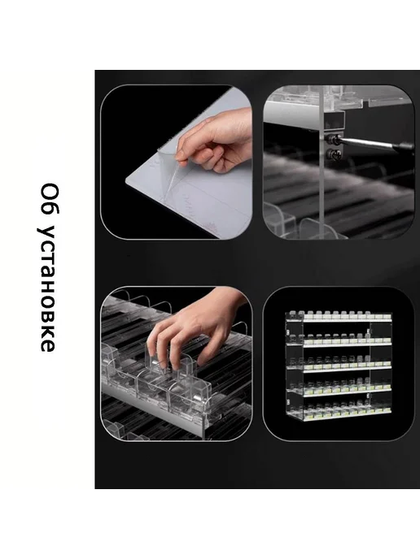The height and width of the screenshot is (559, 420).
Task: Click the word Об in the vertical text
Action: click(x=49, y=199)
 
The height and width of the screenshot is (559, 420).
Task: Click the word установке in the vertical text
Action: click(x=47, y=288)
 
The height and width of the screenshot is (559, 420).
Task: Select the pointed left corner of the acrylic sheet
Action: click(x=125, y=181)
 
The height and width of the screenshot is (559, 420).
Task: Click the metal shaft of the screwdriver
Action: click(x=368, y=143)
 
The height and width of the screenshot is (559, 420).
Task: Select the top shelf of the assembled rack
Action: click(x=339, y=317)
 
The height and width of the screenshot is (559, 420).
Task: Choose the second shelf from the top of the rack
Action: click(x=339, y=340)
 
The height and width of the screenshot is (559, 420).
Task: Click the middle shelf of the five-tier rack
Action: click(x=339, y=364)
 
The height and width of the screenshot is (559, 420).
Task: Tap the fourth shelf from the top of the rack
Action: click(x=339, y=388)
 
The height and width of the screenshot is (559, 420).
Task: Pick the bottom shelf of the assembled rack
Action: click(x=339, y=412)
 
